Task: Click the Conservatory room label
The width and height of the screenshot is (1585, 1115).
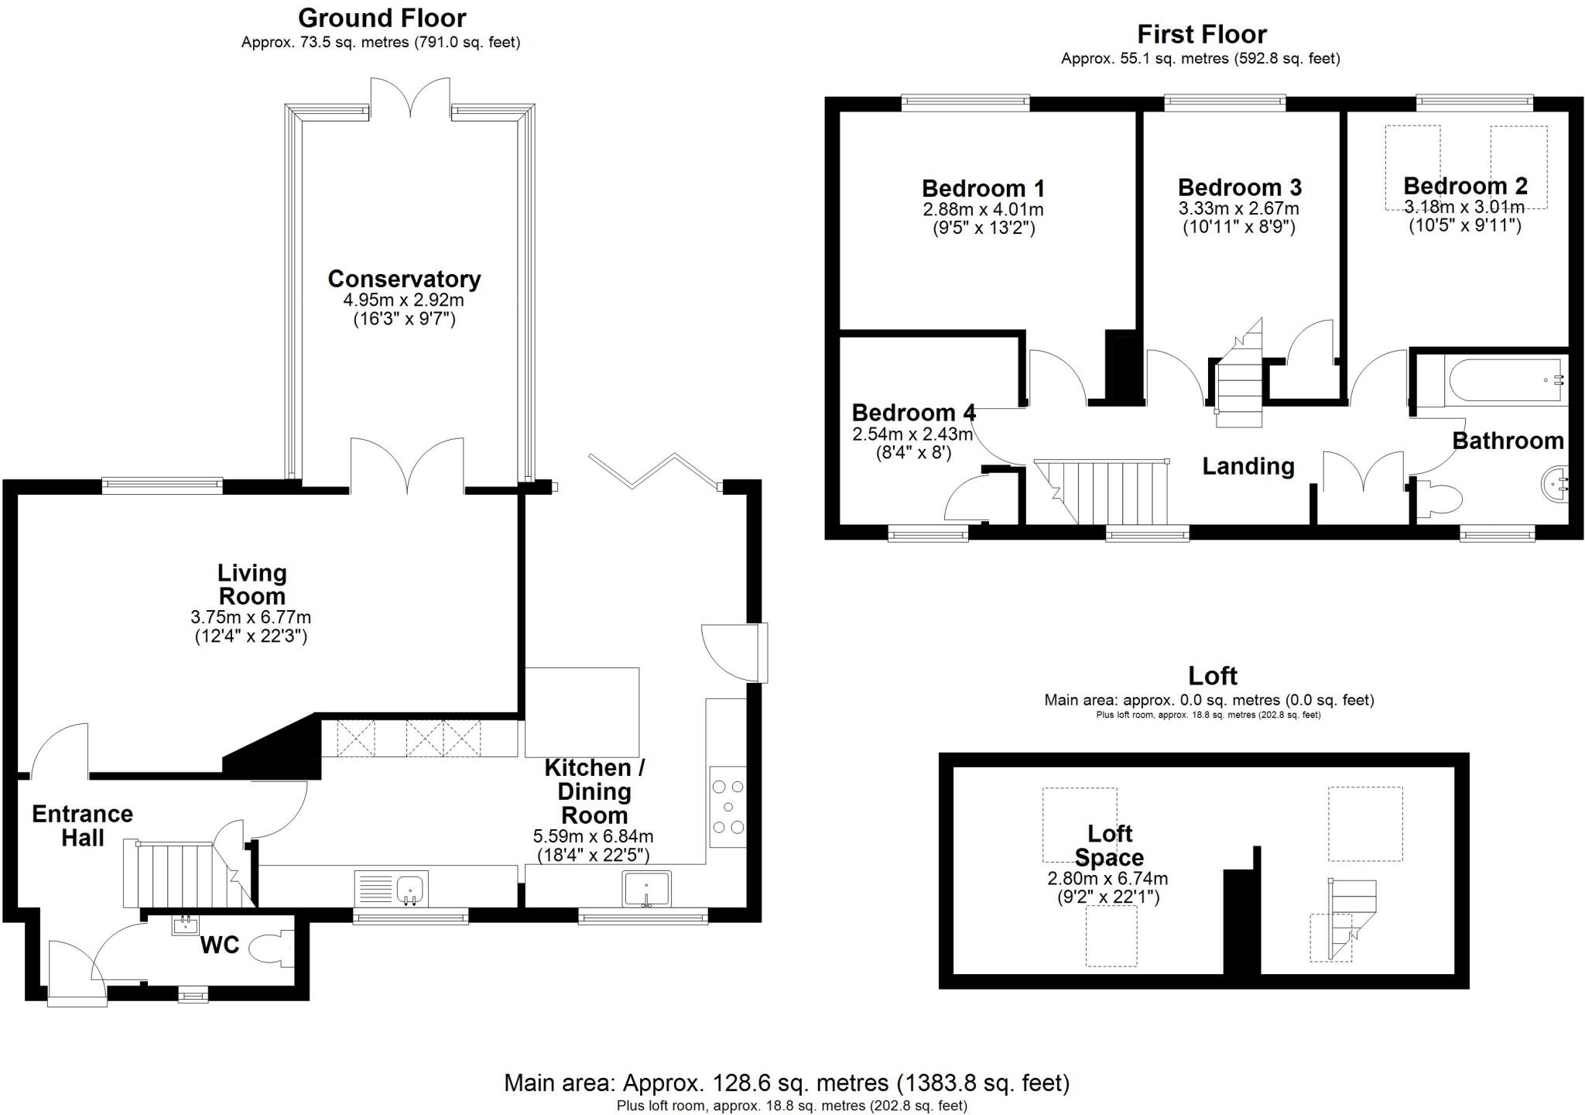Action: pyautogui.click(x=404, y=279)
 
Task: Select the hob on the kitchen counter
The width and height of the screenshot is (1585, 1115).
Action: pyautogui.click(x=727, y=807)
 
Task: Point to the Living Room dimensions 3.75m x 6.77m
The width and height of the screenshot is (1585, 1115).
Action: pyautogui.click(x=251, y=617)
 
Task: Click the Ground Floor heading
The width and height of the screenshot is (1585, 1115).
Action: pyautogui.click(x=382, y=18)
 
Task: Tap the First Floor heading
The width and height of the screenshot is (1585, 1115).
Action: pyautogui.click(x=1201, y=34)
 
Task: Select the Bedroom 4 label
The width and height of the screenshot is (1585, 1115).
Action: pyautogui.click(x=913, y=413)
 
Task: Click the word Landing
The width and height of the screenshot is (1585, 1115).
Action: pyautogui.click(x=1248, y=466)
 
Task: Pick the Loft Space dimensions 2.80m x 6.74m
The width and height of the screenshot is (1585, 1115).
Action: pyautogui.click(x=1107, y=879)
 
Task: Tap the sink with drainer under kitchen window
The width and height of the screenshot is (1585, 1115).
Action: pyautogui.click(x=392, y=888)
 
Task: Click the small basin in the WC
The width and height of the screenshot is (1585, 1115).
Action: pyautogui.click(x=185, y=924)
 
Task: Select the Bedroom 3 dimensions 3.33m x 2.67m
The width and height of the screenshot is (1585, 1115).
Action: pyautogui.click(x=1238, y=209)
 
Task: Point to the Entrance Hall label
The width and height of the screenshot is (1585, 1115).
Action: pyautogui.click(x=82, y=825)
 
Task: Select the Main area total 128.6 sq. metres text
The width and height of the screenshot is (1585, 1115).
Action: pyautogui.click(x=786, y=1082)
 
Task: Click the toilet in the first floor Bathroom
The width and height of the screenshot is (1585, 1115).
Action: pyautogui.click(x=1440, y=499)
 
